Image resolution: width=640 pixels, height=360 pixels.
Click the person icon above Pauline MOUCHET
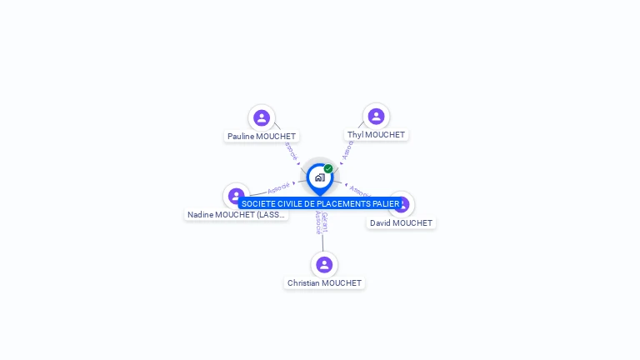click(262, 117)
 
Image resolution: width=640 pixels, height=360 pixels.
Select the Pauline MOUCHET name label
click(262, 136)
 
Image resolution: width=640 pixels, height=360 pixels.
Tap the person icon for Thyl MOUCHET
click(376, 117)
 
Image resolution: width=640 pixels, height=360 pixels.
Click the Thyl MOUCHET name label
click(376, 135)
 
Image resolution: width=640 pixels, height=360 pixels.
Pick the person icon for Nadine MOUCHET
click(236, 195)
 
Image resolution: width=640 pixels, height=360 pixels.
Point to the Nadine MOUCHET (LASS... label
click(236, 215)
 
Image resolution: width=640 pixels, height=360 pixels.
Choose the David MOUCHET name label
click(402, 223)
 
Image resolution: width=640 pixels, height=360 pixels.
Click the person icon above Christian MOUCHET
click(324, 265)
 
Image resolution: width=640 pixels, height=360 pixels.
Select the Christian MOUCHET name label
click(324, 283)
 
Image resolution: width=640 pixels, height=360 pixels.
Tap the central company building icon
click(319, 177)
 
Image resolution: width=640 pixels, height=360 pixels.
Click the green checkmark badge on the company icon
click(328, 169)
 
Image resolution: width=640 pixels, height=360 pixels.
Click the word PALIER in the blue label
click(386, 204)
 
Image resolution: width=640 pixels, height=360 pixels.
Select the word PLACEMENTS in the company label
click(343, 204)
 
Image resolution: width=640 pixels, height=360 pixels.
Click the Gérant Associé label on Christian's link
click(321, 222)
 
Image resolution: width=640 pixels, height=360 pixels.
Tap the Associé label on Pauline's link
click(290, 152)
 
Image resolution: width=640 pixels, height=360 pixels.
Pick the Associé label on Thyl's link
click(348, 150)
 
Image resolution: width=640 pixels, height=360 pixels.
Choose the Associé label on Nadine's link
click(279, 188)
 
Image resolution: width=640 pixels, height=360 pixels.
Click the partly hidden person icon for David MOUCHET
click(404, 203)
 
